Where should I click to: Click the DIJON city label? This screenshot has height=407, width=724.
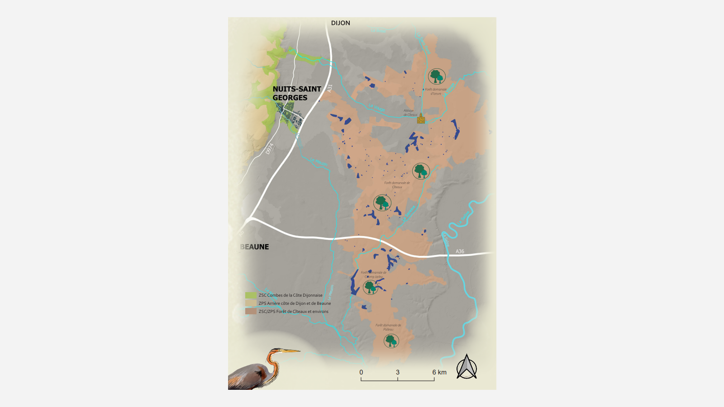point(340,23)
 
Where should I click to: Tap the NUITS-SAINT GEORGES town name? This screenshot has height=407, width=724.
point(296,94)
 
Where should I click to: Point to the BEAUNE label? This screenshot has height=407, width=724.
point(255,247)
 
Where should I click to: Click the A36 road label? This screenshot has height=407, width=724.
point(460,251)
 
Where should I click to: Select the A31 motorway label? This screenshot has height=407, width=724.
point(329,89)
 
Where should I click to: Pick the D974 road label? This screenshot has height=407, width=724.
point(270,149)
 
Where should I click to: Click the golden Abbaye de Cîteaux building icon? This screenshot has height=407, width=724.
point(421,119)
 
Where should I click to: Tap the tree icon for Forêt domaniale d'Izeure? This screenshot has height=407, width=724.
point(437,76)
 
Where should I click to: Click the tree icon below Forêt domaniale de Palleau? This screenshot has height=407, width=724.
point(391,341)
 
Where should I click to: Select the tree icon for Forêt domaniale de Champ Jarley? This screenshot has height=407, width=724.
point(371,287)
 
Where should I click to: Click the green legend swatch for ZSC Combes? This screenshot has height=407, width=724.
point(251,295)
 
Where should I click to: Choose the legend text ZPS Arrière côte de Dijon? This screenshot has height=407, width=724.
point(295,303)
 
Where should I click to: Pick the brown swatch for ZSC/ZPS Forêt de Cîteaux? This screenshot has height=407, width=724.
point(251,312)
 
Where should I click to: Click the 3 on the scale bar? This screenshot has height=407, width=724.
point(398,372)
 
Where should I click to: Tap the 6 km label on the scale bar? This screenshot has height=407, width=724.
point(439,372)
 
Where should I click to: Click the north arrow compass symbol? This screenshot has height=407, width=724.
point(467,367)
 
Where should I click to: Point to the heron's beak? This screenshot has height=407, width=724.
point(290,351)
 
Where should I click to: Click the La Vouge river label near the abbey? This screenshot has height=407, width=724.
point(376,108)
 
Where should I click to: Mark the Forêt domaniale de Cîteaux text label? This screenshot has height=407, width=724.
point(397,185)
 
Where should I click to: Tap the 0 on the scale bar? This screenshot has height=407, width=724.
point(361,372)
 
